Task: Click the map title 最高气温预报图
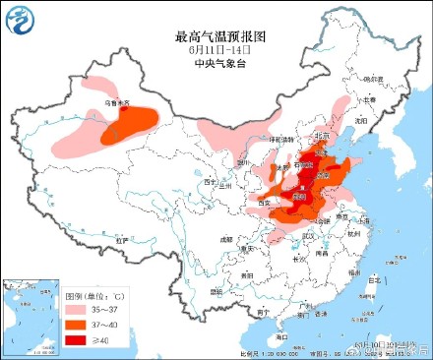pos(216,35)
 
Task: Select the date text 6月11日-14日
pos(216,48)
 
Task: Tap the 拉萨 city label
pos(121,239)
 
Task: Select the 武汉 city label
pos(313,235)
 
